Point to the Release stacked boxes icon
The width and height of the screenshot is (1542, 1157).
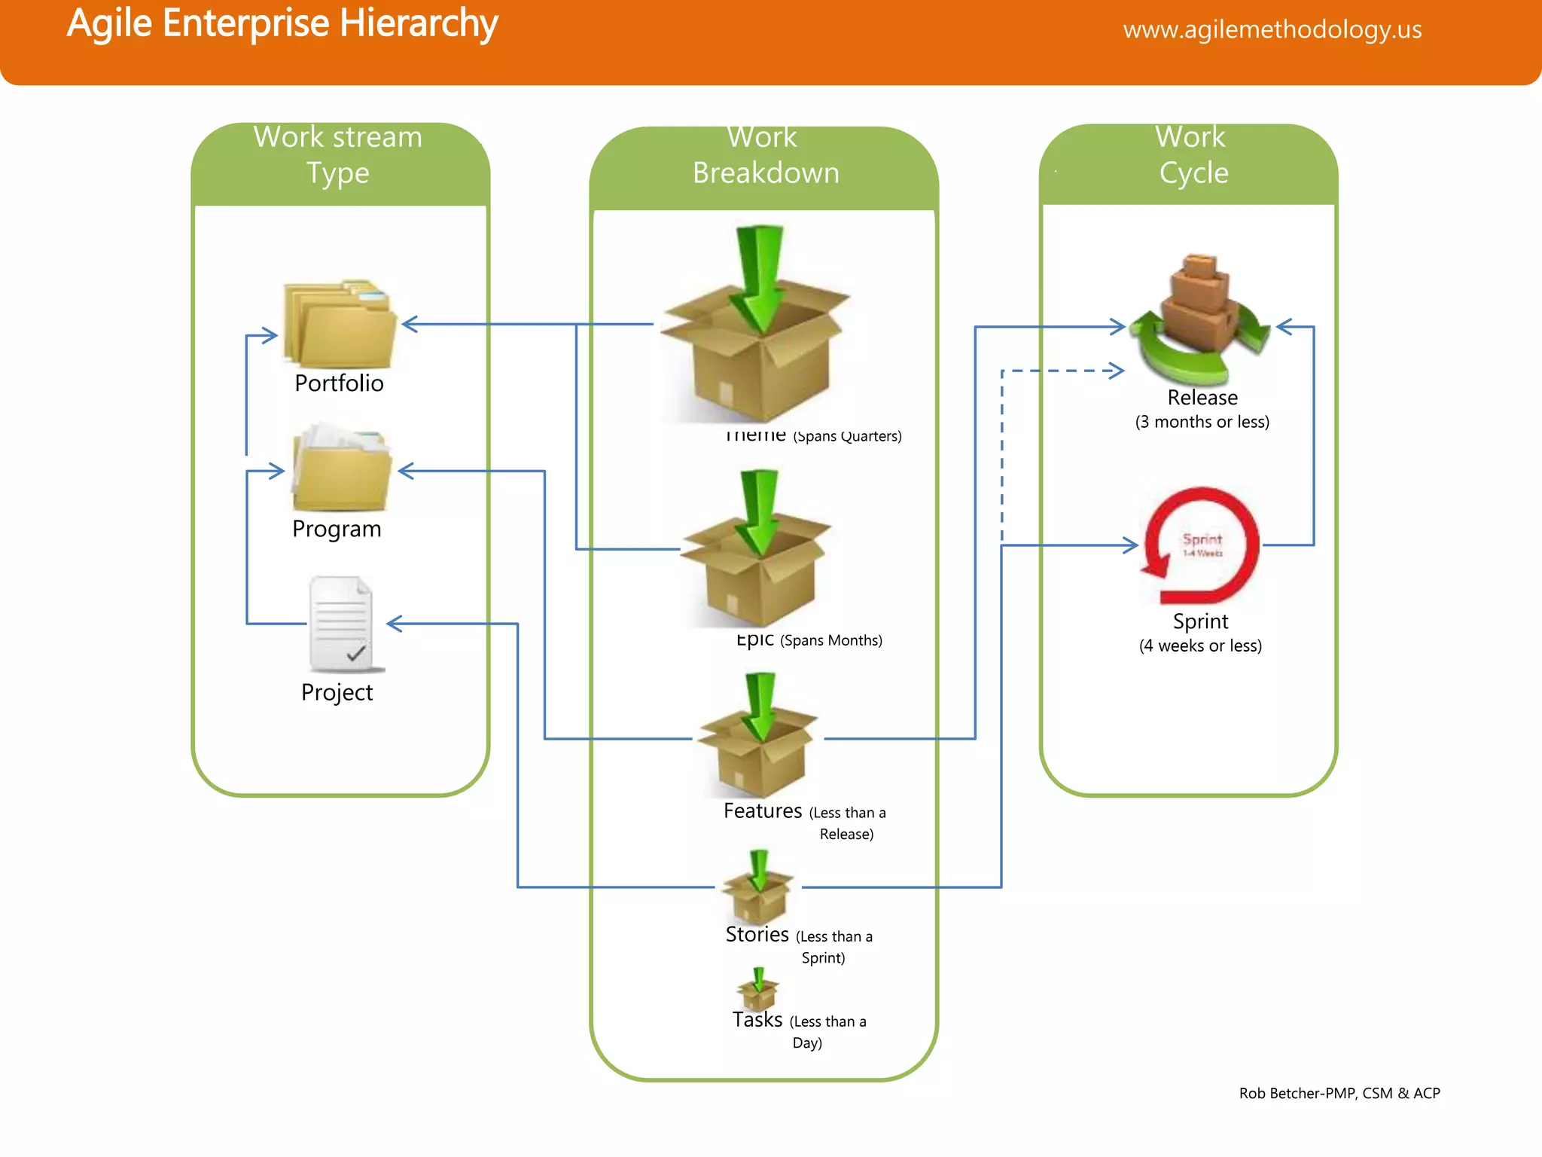point(1200,316)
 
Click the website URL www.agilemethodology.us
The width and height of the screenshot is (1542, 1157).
point(1272,29)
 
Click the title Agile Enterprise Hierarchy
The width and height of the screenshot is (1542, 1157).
point(282,23)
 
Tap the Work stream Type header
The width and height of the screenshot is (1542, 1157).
point(338,155)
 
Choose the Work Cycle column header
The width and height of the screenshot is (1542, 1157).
point(1193,155)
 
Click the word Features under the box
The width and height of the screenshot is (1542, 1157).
point(763,811)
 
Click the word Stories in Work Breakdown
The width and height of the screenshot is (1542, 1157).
point(757,935)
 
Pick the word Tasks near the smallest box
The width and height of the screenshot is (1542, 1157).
point(757,1020)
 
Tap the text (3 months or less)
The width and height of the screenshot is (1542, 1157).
point(1202,422)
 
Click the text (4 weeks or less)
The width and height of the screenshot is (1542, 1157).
point(1200,646)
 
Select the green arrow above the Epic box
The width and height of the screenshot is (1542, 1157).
point(759,511)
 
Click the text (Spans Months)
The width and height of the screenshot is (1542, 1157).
point(831,640)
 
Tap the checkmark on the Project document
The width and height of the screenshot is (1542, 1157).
point(356,653)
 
